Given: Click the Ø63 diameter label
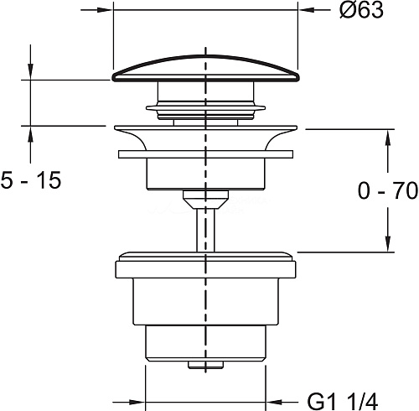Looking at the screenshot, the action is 361,11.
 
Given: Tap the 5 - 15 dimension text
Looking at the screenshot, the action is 31,180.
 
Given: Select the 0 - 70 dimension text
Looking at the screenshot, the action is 388,190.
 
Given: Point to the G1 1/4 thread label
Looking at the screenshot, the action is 343,401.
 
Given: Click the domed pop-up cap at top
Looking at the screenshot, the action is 205,69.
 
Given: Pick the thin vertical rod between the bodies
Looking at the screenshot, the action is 205,230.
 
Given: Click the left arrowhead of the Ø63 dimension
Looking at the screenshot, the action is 104,10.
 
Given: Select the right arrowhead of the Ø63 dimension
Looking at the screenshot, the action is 307,10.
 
